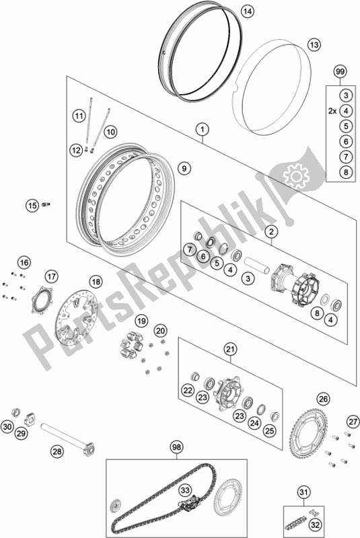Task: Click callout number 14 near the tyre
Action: [x=247, y=11]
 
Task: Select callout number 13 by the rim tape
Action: [x=314, y=44]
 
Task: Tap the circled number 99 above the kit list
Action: [x=340, y=72]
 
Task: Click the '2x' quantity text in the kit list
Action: [x=332, y=111]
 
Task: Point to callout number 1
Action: [x=203, y=129]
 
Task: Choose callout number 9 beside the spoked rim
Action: [x=184, y=168]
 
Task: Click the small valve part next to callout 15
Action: [x=46, y=205]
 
